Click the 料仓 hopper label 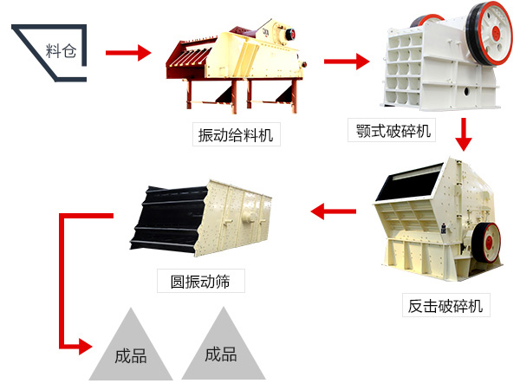pos(61,50)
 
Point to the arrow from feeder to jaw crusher pos(346,62)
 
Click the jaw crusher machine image pos(442,65)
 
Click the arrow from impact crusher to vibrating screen pos(334,210)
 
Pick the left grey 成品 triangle pos(130,351)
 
